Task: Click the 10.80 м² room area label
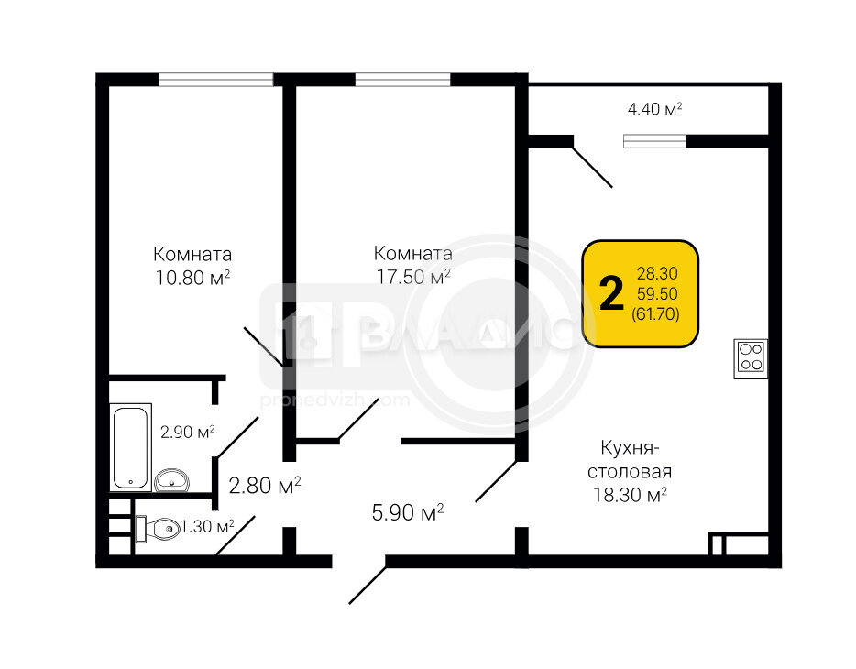pyautogui.click(x=192, y=278)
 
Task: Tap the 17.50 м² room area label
pyautogui.click(x=413, y=277)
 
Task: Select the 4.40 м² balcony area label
pyautogui.click(x=654, y=108)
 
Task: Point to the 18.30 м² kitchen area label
pyautogui.click(x=630, y=495)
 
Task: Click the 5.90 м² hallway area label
pyautogui.click(x=407, y=512)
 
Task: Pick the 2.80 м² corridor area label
pyautogui.click(x=265, y=485)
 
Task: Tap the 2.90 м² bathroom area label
pyautogui.click(x=187, y=433)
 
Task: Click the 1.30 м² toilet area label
pyautogui.click(x=207, y=527)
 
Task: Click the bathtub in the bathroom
pyautogui.click(x=130, y=447)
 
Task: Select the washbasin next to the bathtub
pyautogui.click(x=172, y=481)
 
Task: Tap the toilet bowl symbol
pyautogui.click(x=158, y=529)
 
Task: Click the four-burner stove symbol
pyautogui.click(x=751, y=358)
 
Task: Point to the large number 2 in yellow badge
pyautogui.click(x=611, y=293)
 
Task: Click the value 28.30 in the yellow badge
pyautogui.click(x=657, y=273)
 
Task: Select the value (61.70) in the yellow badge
pyautogui.click(x=655, y=314)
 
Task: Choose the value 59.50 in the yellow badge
pyautogui.click(x=657, y=293)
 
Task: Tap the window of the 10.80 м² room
pyautogui.click(x=216, y=80)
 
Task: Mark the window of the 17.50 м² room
pyautogui.click(x=403, y=80)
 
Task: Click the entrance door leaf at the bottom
pyautogui.click(x=368, y=586)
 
